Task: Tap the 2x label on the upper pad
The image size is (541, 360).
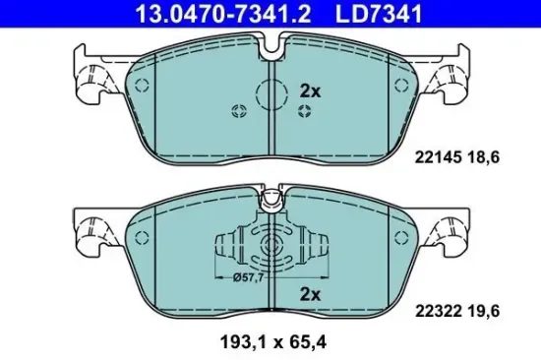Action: (x=310, y=89)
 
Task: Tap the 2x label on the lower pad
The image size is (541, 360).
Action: (x=310, y=293)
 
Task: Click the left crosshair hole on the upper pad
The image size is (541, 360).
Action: (x=236, y=109)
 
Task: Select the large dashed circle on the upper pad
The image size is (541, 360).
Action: (x=270, y=95)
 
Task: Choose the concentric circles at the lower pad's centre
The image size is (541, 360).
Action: (x=268, y=247)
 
